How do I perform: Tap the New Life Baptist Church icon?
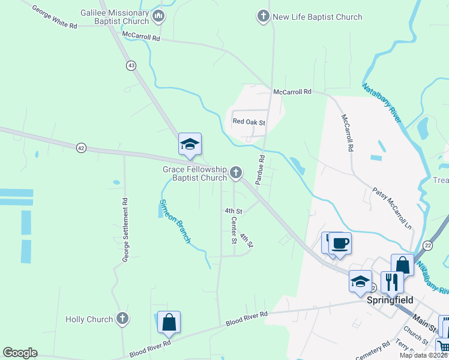[x=263, y=16]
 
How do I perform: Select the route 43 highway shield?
[x=131, y=65]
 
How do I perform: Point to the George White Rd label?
[x=55, y=18]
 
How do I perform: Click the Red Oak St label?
[x=249, y=122]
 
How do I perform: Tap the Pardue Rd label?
[x=261, y=169]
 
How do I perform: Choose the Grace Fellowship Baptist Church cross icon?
[x=236, y=173]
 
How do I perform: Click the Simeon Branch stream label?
[x=175, y=221]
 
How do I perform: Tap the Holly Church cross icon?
[x=122, y=319]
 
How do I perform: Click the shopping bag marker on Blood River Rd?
[x=169, y=322]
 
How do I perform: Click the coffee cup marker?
[x=340, y=243]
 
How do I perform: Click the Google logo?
[x=20, y=353]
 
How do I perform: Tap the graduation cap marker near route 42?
[x=190, y=145]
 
